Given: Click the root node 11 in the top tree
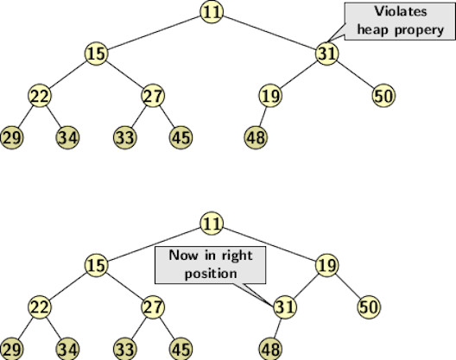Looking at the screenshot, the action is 212,12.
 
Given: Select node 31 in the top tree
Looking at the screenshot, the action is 327,54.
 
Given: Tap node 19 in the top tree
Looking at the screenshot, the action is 270,96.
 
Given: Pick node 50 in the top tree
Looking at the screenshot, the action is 383,96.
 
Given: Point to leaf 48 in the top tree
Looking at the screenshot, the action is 256,137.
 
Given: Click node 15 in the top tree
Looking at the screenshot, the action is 96,54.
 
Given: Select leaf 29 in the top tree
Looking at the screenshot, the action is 11,137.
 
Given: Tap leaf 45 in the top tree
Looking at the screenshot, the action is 180,137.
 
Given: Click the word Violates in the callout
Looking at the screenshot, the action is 401,11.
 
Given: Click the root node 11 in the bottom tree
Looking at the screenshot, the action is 212,224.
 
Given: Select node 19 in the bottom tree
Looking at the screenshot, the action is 327,265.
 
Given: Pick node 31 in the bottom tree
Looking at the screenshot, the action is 285,307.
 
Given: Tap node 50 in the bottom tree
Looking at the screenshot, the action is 369,307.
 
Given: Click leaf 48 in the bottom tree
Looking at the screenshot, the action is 271,349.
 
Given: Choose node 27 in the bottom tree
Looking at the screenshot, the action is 153,307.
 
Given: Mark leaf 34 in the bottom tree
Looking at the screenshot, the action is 67,349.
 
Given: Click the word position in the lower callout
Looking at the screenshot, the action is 211,274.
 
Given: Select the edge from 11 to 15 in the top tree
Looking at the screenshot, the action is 154,33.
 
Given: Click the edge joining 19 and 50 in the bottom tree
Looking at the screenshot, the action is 348,286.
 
